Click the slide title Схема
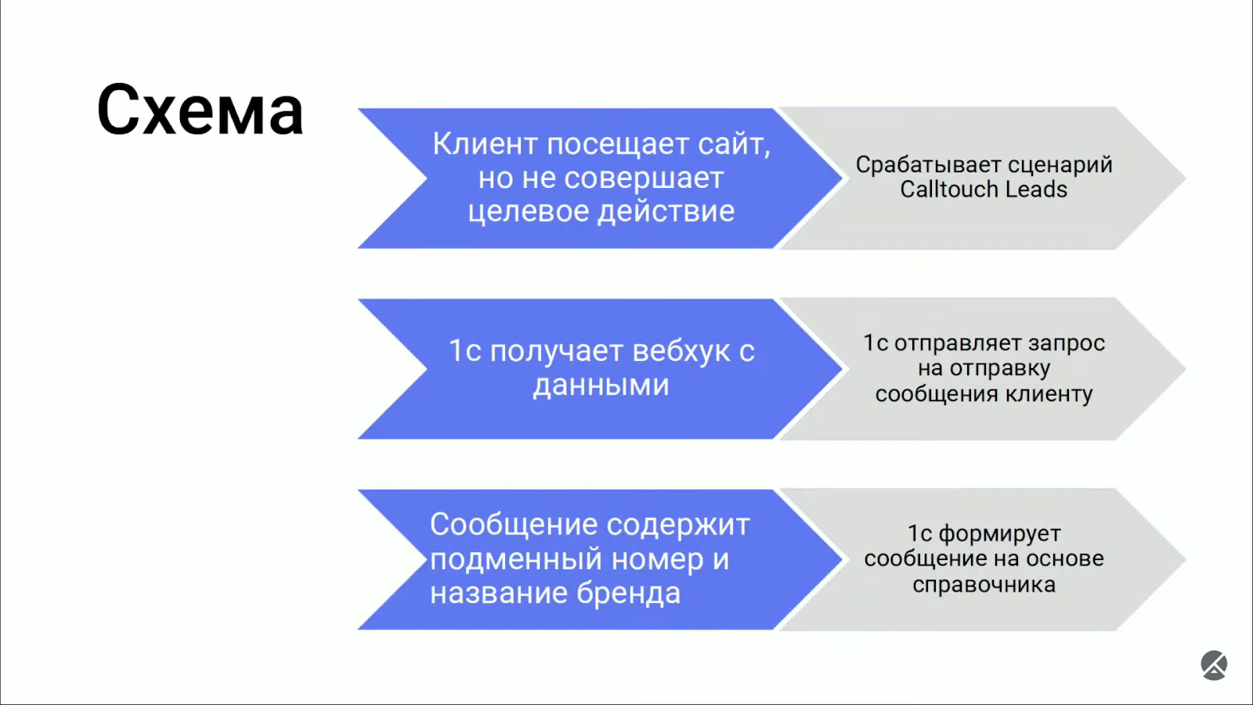coord(200,110)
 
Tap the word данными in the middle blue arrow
coord(601,386)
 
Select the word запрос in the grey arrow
coord(1067,344)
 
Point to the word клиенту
coord(1049,394)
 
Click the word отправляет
coord(958,344)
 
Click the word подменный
coord(517,560)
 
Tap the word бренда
coord(628,594)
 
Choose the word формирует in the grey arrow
coord(999,534)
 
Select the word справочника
coord(984,585)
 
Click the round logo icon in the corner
coord(1214,665)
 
